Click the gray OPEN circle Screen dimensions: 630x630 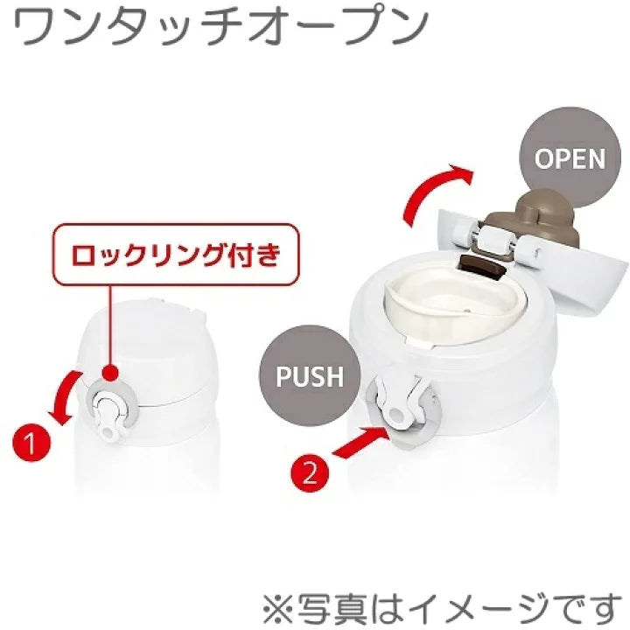click(570, 157)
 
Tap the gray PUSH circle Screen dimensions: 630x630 click(310, 375)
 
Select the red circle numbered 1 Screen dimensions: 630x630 click(31, 444)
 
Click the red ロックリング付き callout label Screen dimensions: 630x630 click(176, 255)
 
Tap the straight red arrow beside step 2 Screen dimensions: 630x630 click(360, 442)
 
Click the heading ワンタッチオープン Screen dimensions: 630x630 click(221, 26)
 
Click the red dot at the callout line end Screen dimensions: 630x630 click(110, 372)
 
